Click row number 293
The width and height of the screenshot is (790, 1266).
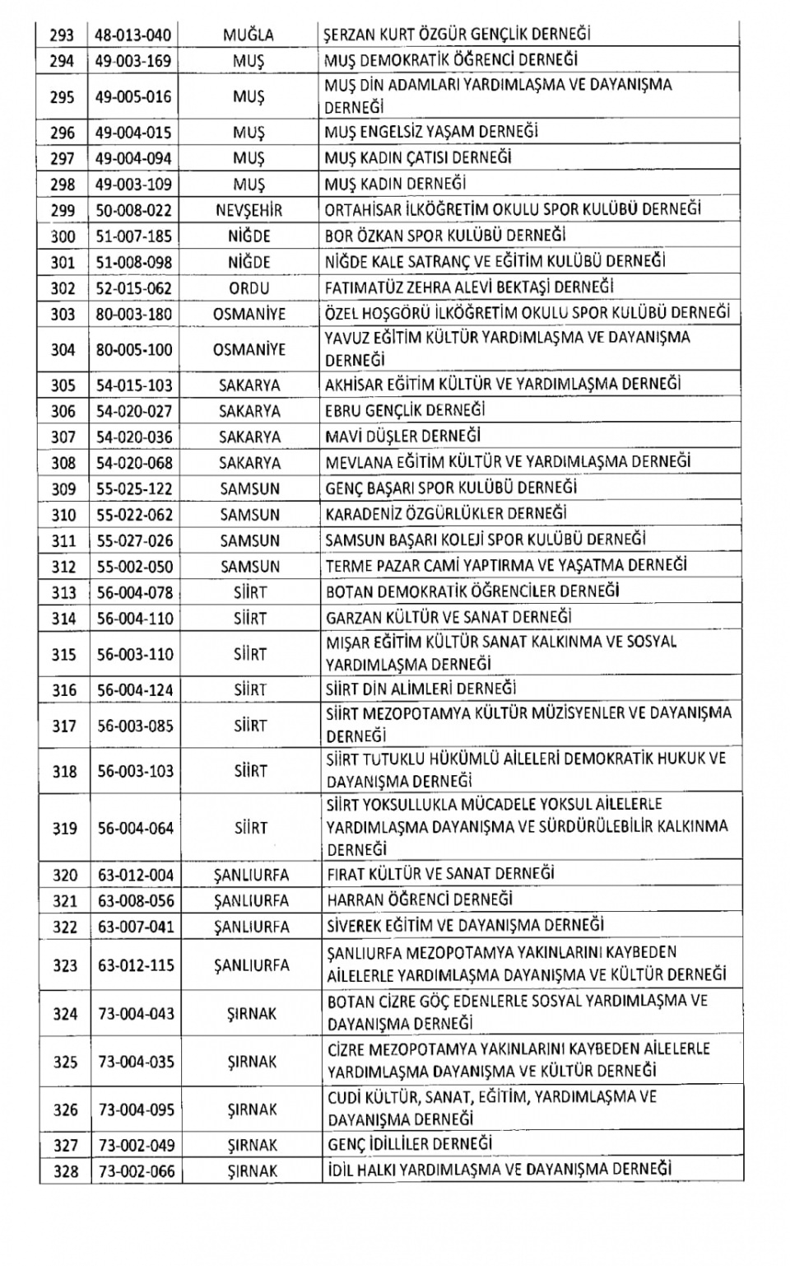coord(63,35)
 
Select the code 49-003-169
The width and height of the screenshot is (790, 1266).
coord(133,61)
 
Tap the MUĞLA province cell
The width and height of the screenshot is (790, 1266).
coord(249,35)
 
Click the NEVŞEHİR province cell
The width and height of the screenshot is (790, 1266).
coord(249,211)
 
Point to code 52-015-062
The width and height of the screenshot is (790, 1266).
coord(133,288)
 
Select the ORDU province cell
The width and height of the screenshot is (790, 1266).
coord(249,288)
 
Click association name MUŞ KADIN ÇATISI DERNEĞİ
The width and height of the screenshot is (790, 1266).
coord(417,158)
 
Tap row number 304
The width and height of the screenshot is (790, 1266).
coord(63,350)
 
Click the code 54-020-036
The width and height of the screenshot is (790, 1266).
coord(133,437)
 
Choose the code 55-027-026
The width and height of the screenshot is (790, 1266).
coord(133,541)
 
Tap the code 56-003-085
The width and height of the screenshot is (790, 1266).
coord(133,726)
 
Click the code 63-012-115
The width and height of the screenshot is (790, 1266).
coord(133,965)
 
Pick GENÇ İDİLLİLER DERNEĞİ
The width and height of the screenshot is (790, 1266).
coord(409,1145)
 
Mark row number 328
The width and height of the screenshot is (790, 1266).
coord(63,1171)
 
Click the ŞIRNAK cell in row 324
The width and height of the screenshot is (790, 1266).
coord(251,1014)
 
